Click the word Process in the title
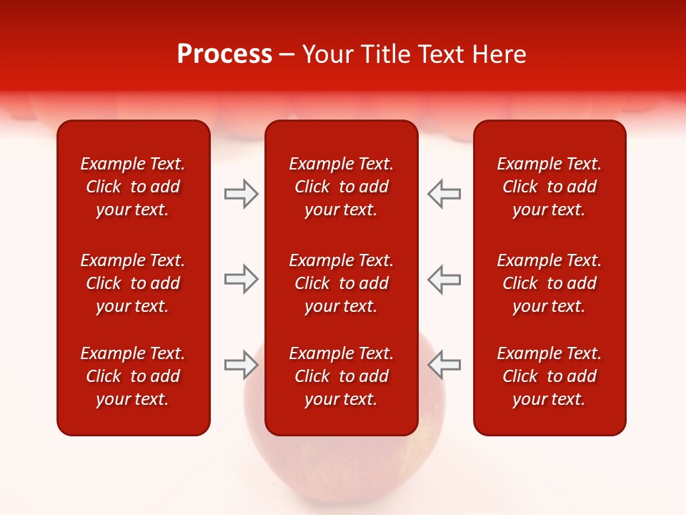tap(224, 54)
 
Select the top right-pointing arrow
tap(242, 194)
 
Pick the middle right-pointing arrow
tap(242, 279)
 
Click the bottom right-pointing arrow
tap(242, 365)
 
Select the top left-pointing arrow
tap(444, 194)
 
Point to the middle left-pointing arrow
tap(444, 279)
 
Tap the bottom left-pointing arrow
tap(444, 365)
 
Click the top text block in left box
tap(133, 187)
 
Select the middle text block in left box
tap(133, 283)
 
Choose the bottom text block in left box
tap(133, 376)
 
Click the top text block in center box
tap(342, 187)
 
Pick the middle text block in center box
tap(342, 283)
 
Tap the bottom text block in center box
tap(342, 376)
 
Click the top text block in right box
tap(550, 187)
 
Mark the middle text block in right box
tap(550, 283)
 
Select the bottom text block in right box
tap(550, 376)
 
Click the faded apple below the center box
tap(343, 472)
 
